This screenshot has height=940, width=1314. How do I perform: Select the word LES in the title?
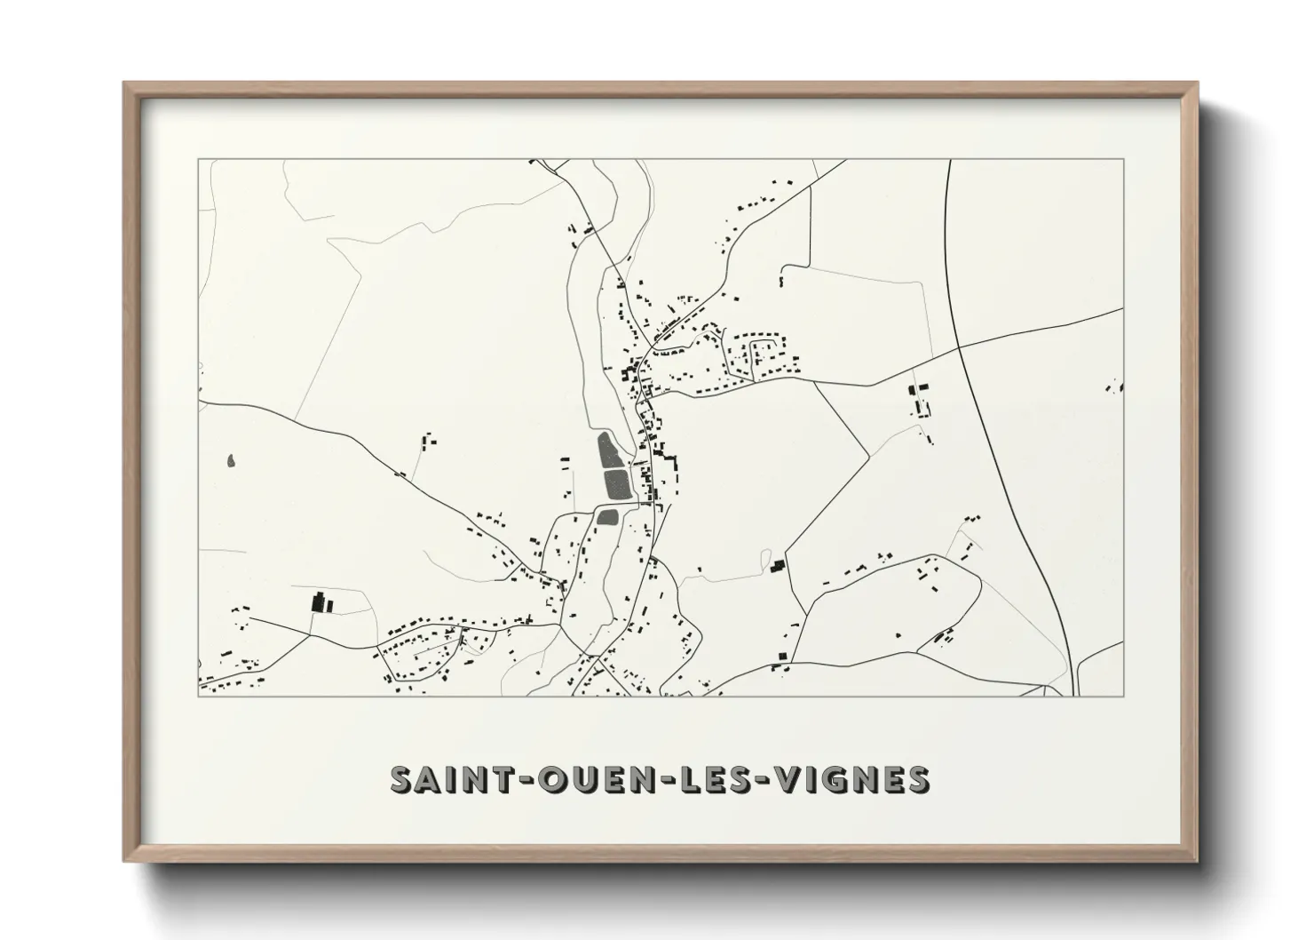[701, 778]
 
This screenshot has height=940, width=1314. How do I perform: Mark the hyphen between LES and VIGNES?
[755, 780]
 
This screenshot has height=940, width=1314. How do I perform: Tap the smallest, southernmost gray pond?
[607, 516]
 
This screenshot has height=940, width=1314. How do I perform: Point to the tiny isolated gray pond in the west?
[231, 461]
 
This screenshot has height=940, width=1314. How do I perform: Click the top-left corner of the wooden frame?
[124, 84]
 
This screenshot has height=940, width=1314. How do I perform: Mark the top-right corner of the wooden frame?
[1196, 84]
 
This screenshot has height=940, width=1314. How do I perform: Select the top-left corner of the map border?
[198, 160]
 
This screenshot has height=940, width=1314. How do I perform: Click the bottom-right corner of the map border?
[1124, 696]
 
